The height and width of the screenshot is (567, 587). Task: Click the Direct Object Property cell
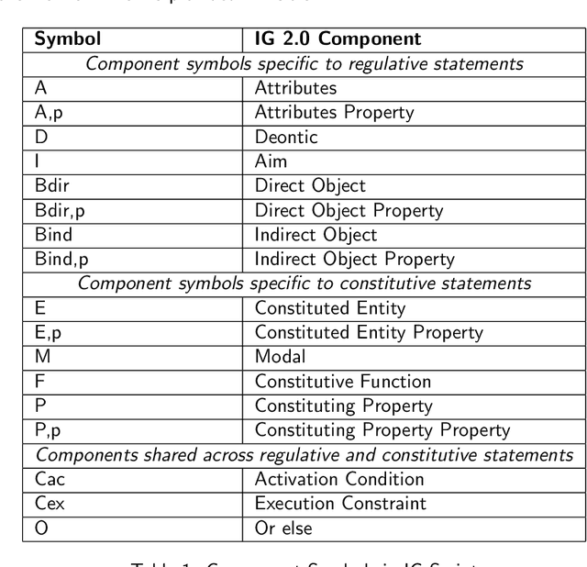pos(349,209)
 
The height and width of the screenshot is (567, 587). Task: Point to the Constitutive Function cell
pos(342,379)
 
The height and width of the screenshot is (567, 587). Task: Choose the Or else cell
pos(284,527)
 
